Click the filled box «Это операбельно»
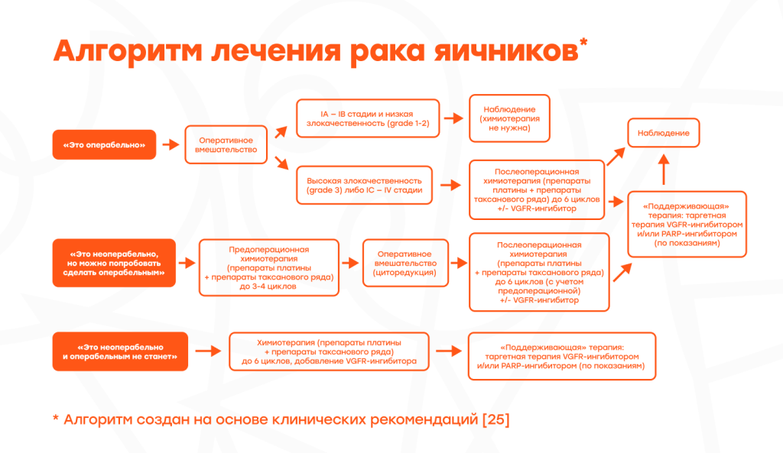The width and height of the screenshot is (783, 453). click(104, 144)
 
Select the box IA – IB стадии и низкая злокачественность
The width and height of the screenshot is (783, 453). click(368, 118)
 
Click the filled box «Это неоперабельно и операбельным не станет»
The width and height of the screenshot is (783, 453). click(120, 351)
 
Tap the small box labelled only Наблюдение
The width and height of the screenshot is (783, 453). click(663, 133)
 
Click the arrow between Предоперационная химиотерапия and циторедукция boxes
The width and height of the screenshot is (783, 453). click(350, 262)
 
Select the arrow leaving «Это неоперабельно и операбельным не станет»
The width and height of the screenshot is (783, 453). click(206, 351)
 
